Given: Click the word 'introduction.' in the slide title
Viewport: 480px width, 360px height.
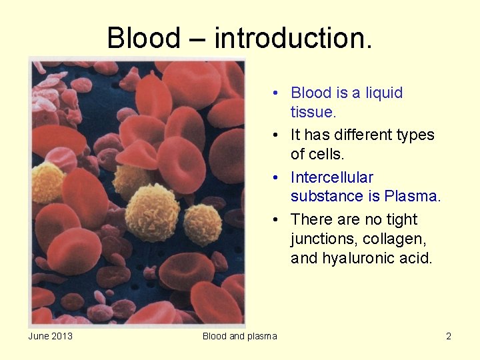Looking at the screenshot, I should pyautogui.click(x=293, y=38).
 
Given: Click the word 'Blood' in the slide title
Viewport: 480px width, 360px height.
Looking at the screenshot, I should pyautogui.click(x=143, y=38).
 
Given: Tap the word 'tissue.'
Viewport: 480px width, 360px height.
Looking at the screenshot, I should pyautogui.click(x=313, y=112).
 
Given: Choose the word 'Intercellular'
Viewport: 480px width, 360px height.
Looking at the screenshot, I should pyautogui.click(x=332, y=177).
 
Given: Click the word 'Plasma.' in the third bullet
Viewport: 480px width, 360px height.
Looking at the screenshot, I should pyautogui.click(x=413, y=196).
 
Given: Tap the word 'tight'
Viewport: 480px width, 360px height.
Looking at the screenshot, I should pyautogui.click(x=401, y=219).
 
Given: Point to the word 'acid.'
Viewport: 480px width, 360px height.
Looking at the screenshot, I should pyautogui.click(x=415, y=258).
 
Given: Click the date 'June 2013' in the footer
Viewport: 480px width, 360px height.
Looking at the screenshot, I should pyautogui.click(x=51, y=336).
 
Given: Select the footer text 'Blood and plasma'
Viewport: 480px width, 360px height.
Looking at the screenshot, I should pyautogui.click(x=239, y=336).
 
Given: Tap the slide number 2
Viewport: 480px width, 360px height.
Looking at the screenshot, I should pyautogui.click(x=449, y=336).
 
